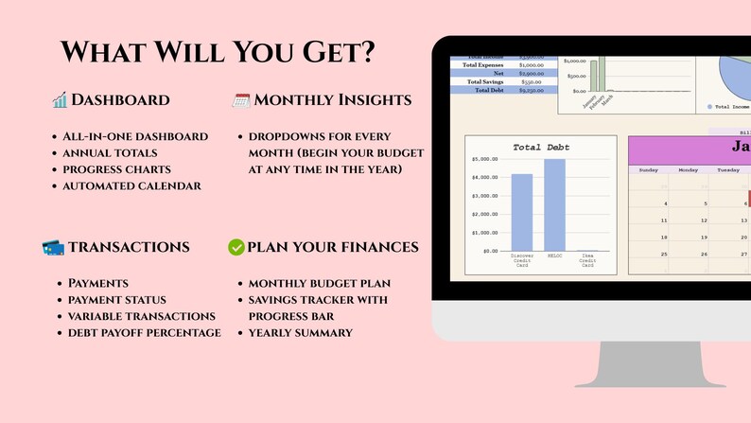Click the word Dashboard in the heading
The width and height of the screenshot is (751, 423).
[x=121, y=99]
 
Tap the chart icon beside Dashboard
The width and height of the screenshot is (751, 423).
[x=60, y=99]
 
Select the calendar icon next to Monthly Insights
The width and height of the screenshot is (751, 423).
[x=241, y=99]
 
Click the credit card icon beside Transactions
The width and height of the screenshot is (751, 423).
[x=53, y=247]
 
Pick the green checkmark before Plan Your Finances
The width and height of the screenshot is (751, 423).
[x=236, y=247]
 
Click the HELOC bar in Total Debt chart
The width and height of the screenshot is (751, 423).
[x=554, y=204]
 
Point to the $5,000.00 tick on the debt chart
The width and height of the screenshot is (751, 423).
[x=485, y=159]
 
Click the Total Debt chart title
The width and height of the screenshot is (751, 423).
[x=540, y=147]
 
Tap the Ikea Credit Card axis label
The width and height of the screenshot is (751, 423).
[x=587, y=261]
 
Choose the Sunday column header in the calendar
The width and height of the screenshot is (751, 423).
[x=649, y=170]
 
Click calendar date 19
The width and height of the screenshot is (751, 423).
[x=666, y=237]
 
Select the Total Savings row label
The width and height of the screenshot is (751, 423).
[x=481, y=81]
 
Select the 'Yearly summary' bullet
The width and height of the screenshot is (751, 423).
[x=300, y=332]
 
